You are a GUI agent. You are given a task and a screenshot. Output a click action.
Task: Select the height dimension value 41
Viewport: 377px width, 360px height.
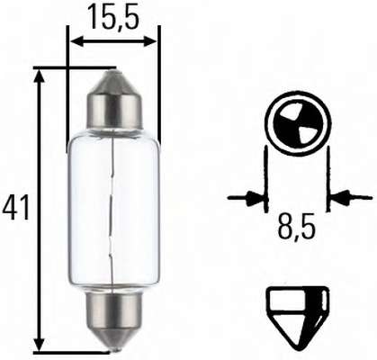[15, 207]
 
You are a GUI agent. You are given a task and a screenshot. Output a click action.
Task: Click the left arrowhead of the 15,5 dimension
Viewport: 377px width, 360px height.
[76, 41]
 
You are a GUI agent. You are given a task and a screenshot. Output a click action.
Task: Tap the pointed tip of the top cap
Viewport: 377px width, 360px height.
[113, 72]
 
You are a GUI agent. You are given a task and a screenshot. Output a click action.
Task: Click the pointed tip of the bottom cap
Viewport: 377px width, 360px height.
[113, 348]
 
